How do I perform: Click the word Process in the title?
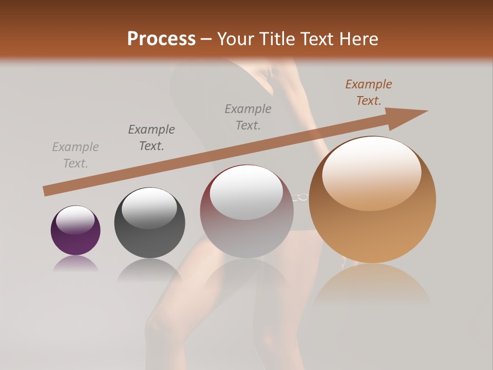coord(161,39)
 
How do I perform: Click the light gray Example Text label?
coord(75,155)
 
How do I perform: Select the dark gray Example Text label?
coord(151,138)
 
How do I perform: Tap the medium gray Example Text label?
coord(248,117)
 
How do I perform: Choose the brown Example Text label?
coord(369,92)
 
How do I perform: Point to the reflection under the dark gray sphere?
coord(149,269)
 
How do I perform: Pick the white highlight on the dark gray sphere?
coord(149,208)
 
